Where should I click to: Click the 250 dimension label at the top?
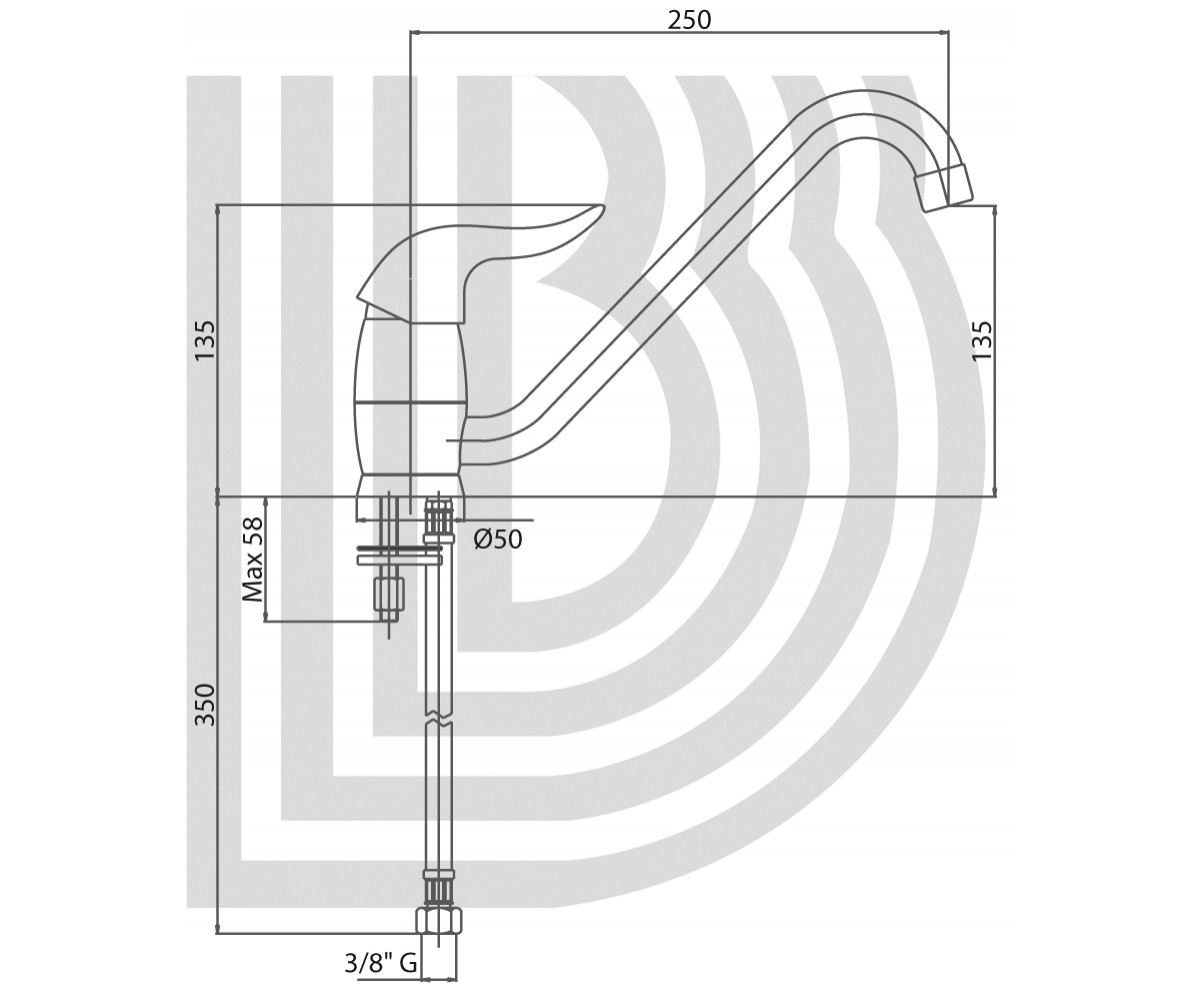(x=689, y=20)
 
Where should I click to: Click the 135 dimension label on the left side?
(x=205, y=340)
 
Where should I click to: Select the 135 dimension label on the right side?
(x=982, y=340)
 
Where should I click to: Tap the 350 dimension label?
(x=205, y=705)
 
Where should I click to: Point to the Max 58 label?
(x=252, y=559)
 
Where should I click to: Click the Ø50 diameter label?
(x=498, y=539)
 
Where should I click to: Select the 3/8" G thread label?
(x=380, y=963)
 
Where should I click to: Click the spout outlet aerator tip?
(x=944, y=188)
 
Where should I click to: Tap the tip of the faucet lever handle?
(x=601, y=207)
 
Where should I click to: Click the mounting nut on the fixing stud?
(x=389, y=596)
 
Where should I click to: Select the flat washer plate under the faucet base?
(x=399, y=555)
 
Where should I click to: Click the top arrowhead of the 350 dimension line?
(x=218, y=501)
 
